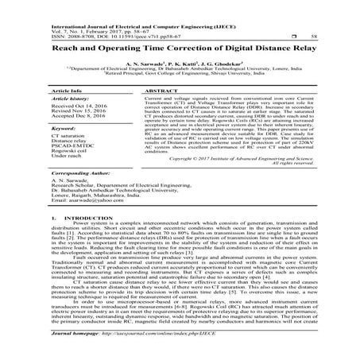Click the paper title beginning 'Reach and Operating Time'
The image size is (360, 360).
pos(180,49)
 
